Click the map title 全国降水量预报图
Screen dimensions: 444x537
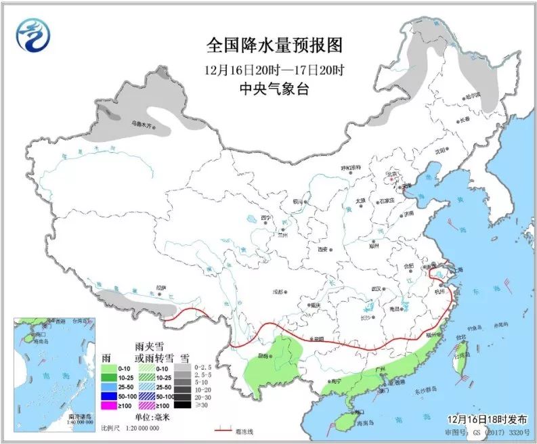[x=274, y=45]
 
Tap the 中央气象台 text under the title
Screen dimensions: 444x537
[x=274, y=89]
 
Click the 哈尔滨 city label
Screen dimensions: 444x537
[x=471, y=96]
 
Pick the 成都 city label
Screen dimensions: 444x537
[x=278, y=292]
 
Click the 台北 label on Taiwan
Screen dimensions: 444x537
[x=460, y=336]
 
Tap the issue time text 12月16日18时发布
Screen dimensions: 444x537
[x=486, y=419]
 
